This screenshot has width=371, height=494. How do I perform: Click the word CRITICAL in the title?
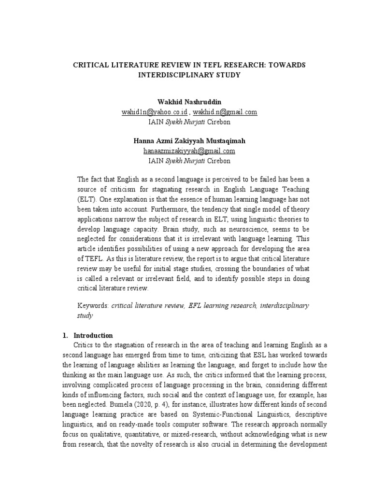[90, 65]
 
